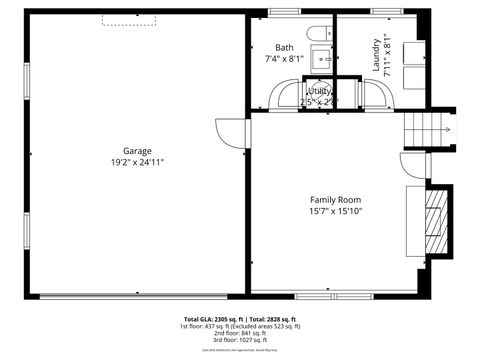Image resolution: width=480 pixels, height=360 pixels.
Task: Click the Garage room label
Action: [137, 151]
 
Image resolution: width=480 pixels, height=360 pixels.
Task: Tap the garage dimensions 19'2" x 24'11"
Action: [137, 162]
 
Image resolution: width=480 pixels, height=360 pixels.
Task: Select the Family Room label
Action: [335, 200]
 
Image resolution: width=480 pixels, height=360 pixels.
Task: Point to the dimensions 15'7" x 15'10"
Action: [335, 211]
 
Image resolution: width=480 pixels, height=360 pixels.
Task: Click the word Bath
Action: [284, 47]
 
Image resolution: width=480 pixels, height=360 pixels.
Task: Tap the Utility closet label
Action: [320, 91]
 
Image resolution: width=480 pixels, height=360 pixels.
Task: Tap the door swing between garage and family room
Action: [234, 133]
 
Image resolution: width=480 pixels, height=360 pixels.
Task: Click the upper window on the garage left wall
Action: [25, 81]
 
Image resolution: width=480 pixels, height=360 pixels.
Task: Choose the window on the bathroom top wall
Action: [284, 12]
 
